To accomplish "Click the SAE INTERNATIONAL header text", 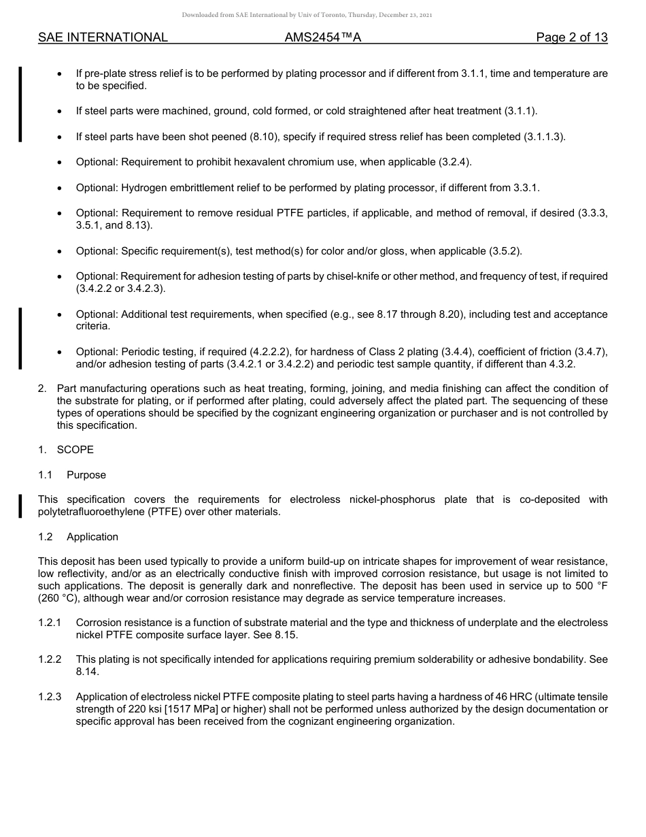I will click(103, 37).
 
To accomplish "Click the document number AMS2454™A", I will click(322, 37).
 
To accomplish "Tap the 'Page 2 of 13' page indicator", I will click(571, 37).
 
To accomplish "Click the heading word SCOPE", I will click(75, 450).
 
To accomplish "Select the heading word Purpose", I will click(86, 475).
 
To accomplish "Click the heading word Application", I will click(92, 537).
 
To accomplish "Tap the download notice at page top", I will click(307, 14).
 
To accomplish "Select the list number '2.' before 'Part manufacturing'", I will click(42, 389).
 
